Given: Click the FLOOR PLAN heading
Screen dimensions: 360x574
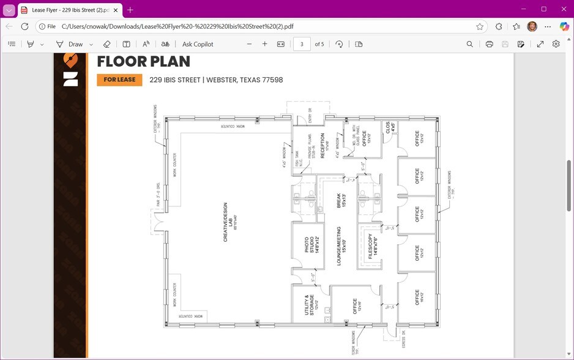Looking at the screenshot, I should tap(143, 62).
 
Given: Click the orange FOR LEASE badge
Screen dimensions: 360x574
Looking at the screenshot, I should tap(119, 80).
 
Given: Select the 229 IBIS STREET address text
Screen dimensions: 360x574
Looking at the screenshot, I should tap(216, 80).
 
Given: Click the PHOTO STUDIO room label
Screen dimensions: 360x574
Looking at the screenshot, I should tap(312, 245).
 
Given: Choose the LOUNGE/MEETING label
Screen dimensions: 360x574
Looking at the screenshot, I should tap(341, 245).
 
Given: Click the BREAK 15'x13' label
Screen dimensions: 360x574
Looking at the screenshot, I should tap(341, 201).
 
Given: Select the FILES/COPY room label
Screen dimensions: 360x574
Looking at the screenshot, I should tap(373, 245).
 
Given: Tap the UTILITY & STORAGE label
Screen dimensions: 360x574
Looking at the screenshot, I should tap(311, 304).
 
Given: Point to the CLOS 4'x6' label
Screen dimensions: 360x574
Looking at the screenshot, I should tap(390, 127).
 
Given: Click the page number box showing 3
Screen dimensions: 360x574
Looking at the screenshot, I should tap(302, 44).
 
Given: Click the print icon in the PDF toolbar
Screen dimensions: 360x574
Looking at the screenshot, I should tap(489, 44).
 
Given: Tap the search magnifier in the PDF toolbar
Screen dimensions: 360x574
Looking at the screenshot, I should tap(469, 44).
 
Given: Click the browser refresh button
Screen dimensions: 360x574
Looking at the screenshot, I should tap(25, 27).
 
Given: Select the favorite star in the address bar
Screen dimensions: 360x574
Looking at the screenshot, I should tap(480, 27).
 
